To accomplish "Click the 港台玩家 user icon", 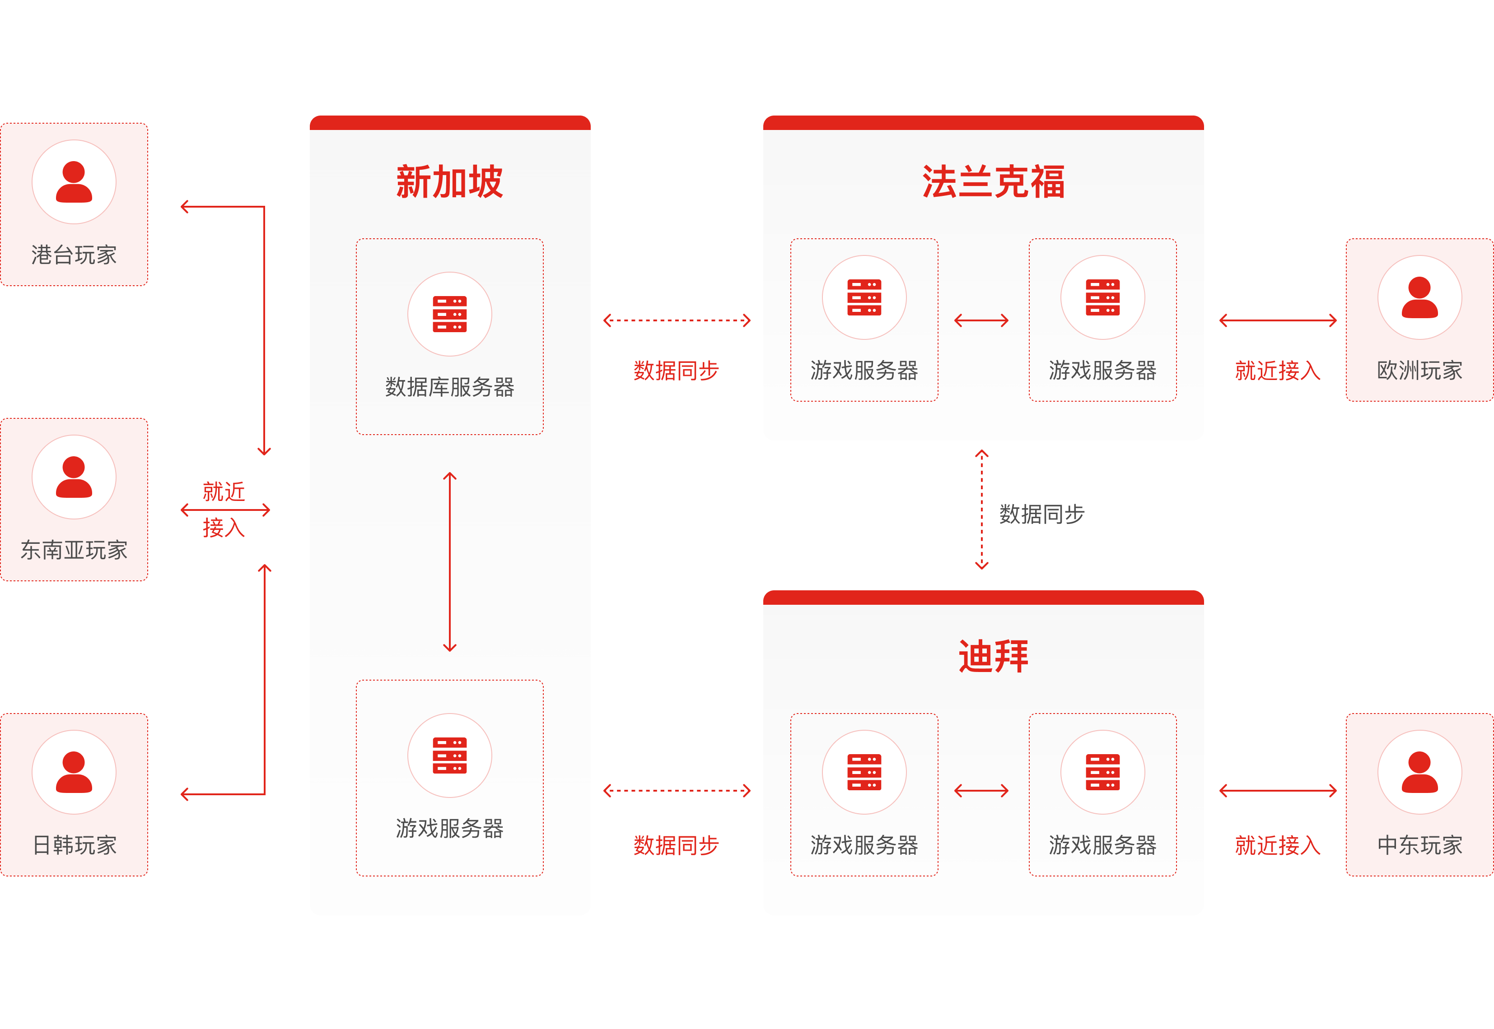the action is (x=74, y=182).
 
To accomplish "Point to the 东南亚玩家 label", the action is (x=74, y=550).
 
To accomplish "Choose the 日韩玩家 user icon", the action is (x=74, y=772).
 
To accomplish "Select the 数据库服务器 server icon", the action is (x=450, y=314).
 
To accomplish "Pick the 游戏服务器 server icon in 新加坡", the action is (x=450, y=755).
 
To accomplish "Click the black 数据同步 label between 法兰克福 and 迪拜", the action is (x=1042, y=514).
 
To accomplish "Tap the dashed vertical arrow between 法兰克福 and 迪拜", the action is (x=982, y=510).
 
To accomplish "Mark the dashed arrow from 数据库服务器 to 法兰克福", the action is (x=677, y=320).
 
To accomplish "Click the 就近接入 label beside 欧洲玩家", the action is (x=1277, y=371).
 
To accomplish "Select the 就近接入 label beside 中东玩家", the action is (x=1277, y=845).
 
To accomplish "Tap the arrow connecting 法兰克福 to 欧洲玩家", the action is (x=1278, y=320).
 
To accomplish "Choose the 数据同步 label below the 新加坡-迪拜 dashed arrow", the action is (x=676, y=845).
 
